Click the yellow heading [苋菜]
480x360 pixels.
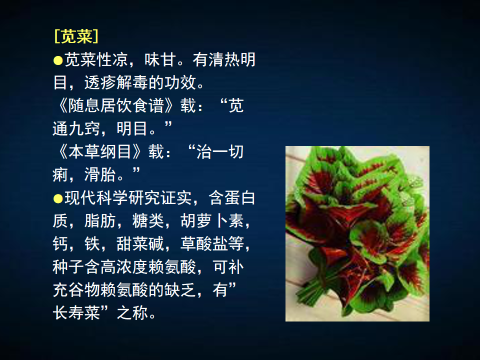pyautogui.click(x=76, y=36)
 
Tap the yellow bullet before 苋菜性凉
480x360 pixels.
pyautogui.click(x=58, y=60)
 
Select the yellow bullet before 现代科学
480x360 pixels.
pyautogui.click(x=58, y=198)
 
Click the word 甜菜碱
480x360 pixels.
pyautogui.click(x=140, y=244)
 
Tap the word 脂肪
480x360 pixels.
pyautogui.click(x=100, y=220)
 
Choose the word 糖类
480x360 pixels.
pyautogui.click(x=148, y=220)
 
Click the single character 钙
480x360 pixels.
pyautogui.click(x=60, y=244)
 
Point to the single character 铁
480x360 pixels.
pyautogui.click(x=92, y=244)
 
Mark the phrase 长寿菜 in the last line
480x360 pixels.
pyautogui.click(x=76, y=313)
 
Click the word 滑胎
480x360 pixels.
pyautogui.click(x=100, y=175)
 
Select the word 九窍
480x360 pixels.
pyautogui.click(x=84, y=128)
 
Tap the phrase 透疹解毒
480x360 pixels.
pyautogui.click(x=116, y=82)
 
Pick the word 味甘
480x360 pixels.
pyautogui.click(x=160, y=59)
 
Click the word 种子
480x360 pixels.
pyautogui.click(x=68, y=267)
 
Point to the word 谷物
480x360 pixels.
pyautogui.click(x=84, y=290)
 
